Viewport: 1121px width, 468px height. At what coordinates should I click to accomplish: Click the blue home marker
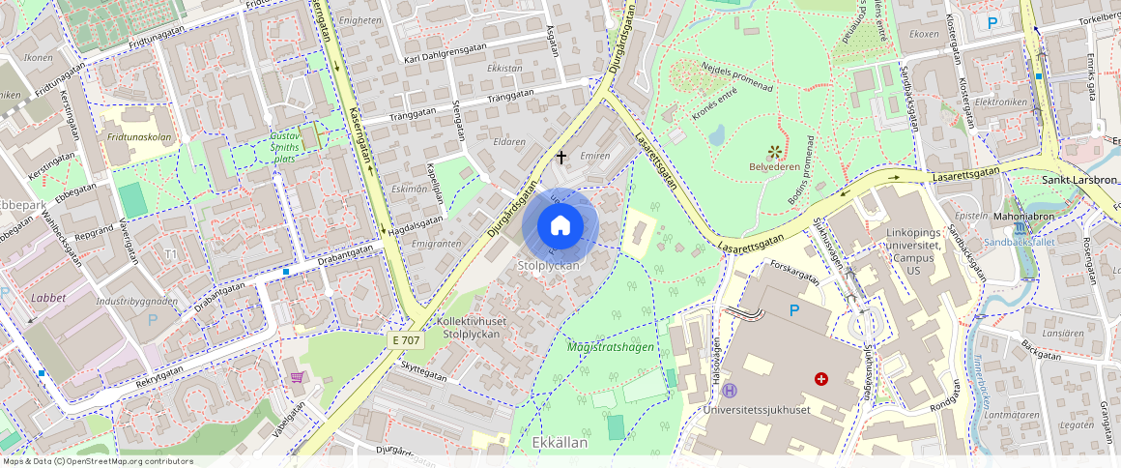pyautogui.click(x=560, y=225)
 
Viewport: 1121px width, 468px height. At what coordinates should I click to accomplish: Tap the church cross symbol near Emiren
pyautogui.click(x=561, y=155)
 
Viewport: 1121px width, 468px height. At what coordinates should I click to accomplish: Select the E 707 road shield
pyautogui.click(x=407, y=340)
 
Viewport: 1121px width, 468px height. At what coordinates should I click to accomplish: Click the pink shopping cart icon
pyautogui.click(x=297, y=376)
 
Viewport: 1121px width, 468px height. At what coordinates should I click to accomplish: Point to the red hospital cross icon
pyautogui.click(x=821, y=379)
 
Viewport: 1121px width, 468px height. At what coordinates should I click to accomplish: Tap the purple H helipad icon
pyautogui.click(x=730, y=391)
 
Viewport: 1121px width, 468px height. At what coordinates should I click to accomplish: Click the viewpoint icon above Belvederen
pyautogui.click(x=773, y=151)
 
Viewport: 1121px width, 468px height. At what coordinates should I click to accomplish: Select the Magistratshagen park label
pyautogui.click(x=610, y=346)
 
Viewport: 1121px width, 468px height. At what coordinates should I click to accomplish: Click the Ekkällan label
pyautogui.click(x=560, y=442)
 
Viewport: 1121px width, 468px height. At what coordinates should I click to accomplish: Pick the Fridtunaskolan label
pyautogui.click(x=139, y=137)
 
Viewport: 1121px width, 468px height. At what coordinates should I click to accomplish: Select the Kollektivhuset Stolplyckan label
pyautogui.click(x=472, y=327)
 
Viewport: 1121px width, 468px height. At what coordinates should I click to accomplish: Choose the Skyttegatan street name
pyautogui.click(x=424, y=373)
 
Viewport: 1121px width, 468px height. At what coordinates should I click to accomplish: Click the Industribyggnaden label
pyautogui.click(x=136, y=301)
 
